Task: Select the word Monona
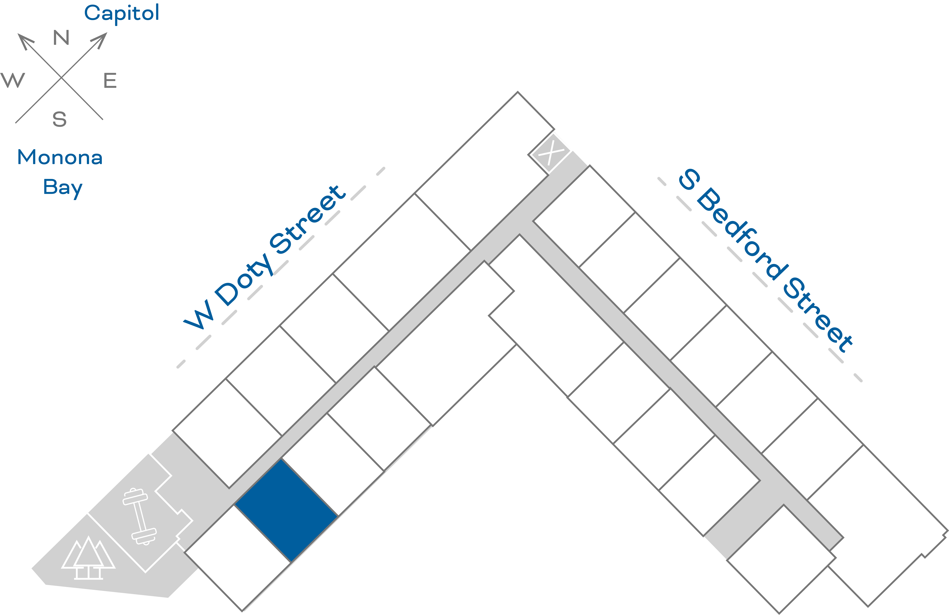pyautogui.click(x=60, y=157)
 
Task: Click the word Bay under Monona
pyautogui.click(x=63, y=187)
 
